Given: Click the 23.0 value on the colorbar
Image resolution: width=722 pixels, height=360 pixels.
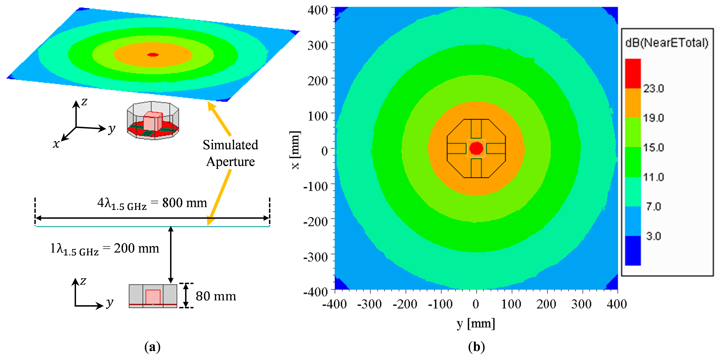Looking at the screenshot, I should point(653,89).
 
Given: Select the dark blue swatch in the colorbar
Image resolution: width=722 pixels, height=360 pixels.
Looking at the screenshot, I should point(633,250).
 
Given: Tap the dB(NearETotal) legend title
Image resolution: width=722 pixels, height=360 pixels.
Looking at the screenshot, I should point(667,43).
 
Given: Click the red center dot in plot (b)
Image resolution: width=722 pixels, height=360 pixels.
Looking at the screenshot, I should point(476,148).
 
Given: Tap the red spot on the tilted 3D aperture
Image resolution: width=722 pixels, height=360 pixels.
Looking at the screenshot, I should point(153,55).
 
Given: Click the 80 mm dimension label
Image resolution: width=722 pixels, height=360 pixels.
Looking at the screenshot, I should point(216,296).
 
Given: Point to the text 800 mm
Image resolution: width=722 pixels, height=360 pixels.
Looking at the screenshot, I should point(184,203).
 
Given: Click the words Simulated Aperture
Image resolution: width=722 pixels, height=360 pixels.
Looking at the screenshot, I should point(230,153).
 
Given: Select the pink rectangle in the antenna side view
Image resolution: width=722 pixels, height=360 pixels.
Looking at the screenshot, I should point(153,297).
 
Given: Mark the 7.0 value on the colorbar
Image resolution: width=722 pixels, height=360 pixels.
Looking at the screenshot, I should point(653,207).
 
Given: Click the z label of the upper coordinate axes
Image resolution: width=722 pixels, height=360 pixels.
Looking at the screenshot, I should point(84,101).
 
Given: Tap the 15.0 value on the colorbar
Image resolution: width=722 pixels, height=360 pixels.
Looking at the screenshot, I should point(653,147).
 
